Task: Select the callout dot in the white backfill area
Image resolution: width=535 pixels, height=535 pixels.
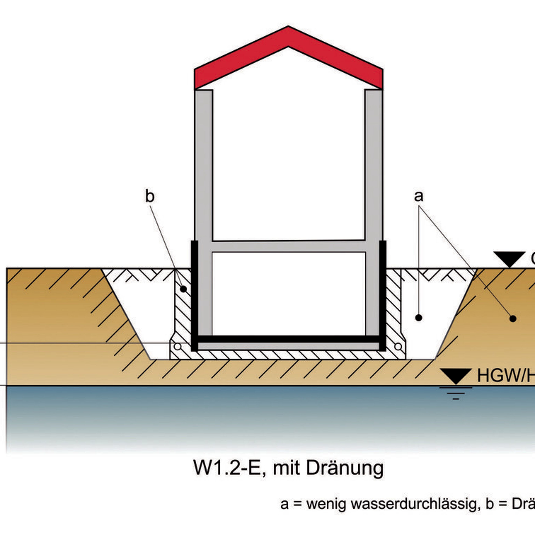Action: pos(419,318)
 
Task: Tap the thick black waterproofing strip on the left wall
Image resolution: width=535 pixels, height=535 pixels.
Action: pos(195,293)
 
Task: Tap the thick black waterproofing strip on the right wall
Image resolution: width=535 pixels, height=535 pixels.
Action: pos(383,293)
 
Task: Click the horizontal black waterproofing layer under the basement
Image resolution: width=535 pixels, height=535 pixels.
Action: pos(288,339)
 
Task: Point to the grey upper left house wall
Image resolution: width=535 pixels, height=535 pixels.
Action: pos(204,166)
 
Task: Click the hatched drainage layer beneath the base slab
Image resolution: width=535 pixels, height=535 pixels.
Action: pos(288,355)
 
